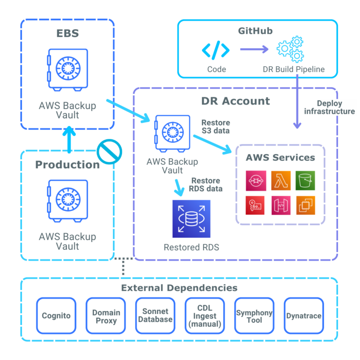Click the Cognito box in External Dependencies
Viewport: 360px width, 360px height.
(56, 315)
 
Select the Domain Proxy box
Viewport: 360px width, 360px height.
(106, 315)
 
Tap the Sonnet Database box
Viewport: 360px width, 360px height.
(155, 315)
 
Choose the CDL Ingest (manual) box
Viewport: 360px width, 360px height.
(205, 315)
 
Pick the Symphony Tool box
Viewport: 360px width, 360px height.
(254, 315)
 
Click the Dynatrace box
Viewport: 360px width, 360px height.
(304, 315)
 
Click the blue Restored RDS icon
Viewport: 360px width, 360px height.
(191, 219)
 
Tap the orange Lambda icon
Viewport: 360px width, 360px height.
(281, 180)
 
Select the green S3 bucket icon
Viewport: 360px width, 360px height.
(306, 180)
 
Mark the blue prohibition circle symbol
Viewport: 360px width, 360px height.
(110, 151)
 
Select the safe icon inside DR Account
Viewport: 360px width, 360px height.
(172, 134)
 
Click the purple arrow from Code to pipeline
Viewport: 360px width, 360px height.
(253, 49)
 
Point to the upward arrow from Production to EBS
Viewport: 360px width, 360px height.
(68, 139)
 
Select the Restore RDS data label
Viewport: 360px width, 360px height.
(207, 184)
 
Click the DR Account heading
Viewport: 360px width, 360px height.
(236, 101)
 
